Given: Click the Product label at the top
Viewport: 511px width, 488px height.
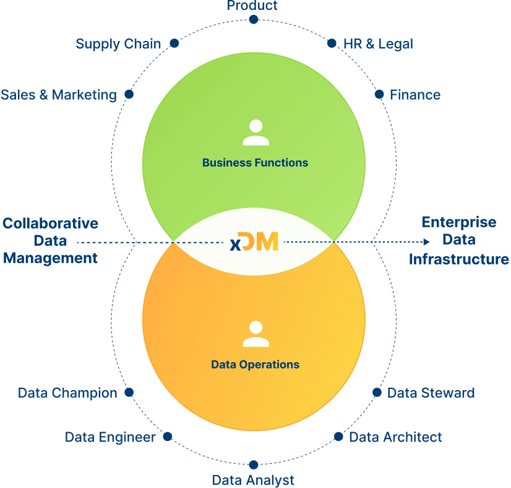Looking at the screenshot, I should click(x=252, y=6).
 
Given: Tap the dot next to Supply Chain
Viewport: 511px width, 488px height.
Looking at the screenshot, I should click(x=174, y=43).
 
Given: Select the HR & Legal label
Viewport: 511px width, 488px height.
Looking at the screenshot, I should click(x=378, y=44).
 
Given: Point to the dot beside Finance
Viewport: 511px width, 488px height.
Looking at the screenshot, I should click(x=379, y=94).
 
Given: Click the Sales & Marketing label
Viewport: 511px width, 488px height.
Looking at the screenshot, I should click(x=59, y=95).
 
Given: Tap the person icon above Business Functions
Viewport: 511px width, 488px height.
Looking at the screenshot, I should click(x=255, y=133).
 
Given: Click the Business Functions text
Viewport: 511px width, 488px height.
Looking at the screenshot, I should click(x=255, y=163).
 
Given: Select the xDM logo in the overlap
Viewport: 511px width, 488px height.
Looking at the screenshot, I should click(x=254, y=242).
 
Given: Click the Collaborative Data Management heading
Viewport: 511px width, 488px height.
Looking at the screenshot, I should click(x=50, y=240).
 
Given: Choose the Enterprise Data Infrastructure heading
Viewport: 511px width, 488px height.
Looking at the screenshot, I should click(x=458, y=240).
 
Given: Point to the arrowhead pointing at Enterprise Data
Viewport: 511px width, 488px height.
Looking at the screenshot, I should click(x=426, y=242).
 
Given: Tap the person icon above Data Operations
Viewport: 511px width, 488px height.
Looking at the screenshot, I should click(x=255, y=334).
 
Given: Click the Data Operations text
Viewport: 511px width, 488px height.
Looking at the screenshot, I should click(x=255, y=365).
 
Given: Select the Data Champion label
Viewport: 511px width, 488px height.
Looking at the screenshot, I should click(x=67, y=393).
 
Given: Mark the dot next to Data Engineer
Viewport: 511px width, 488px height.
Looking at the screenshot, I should click(x=168, y=437).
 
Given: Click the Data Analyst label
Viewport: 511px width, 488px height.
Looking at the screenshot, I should click(x=253, y=480).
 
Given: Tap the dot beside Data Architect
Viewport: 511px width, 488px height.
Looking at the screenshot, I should click(x=338, y=437).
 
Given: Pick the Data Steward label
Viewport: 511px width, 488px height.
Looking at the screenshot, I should click(x=431, y=393).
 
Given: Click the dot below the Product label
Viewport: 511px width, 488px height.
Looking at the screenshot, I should click(x=253, y=20).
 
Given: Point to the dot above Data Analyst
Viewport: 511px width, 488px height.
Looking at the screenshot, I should click(x=253, y=465).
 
